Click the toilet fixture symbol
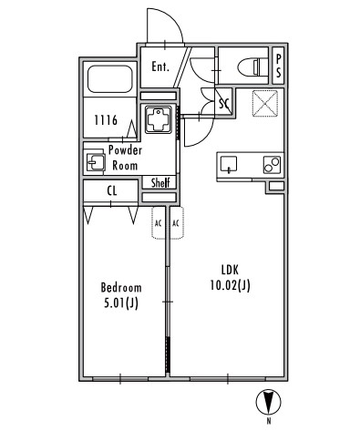[x=251, y=67]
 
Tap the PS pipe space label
[x=278, y=66]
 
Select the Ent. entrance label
[x=160, y=67]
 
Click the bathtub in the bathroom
[x=110, y=78]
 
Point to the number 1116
[x=106, y=120]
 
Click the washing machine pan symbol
[x=159, y=119]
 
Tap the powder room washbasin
[x=95, y=161]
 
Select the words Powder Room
[x=125, y=158]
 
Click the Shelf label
[x=160, y=182]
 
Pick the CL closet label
[x=112, y=190]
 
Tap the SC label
[x=224, y=104]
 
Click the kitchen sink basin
[x=229, y=164]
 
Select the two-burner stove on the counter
[x=272, y=165]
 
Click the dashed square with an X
[x=265, y=103]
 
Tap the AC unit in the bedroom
[x=159, y=223]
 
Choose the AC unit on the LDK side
[x=177, y=223]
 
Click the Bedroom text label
[x=121, y=288]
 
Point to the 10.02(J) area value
[x=231, y=285]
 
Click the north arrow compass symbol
[x=268, y=402]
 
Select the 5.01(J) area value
[x=121, y=303]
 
